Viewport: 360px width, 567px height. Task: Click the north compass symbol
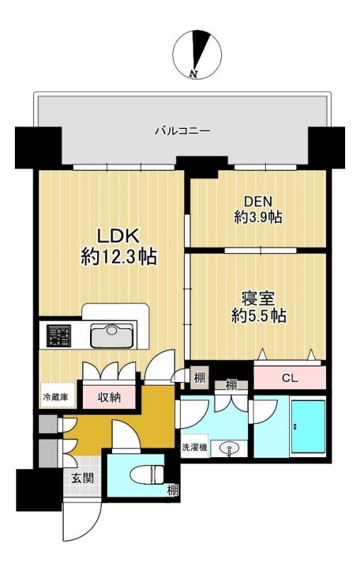[x=197, y=55]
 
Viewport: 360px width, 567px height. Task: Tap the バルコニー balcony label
[x=183, y=130]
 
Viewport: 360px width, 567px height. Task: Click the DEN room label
[x=258, y=201]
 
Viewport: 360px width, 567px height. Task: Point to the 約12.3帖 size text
[x=118, y=257]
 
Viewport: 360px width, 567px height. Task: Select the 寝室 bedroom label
[x=258, y=299]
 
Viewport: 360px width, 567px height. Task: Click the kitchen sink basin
[x=112, y=335]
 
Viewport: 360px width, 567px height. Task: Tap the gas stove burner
[x=59, y=335]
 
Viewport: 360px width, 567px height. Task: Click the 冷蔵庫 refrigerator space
[x=58, y=395]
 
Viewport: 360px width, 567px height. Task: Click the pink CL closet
[x=290, y=378]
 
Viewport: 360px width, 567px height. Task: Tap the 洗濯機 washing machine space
[x=195, y=447]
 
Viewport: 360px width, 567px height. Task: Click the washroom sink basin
[x=229, y=449]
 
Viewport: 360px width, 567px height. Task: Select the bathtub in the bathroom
[x=308, y=426]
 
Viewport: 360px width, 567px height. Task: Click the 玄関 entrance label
[x=82, y=478]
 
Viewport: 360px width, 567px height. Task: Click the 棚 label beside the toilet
[x=172, y=490]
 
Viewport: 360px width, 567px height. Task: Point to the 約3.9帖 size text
[x=258, y=218]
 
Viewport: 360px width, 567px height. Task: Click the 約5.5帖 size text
[x=259, y=316]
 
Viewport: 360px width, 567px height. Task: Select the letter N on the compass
[x=193, y=74]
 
